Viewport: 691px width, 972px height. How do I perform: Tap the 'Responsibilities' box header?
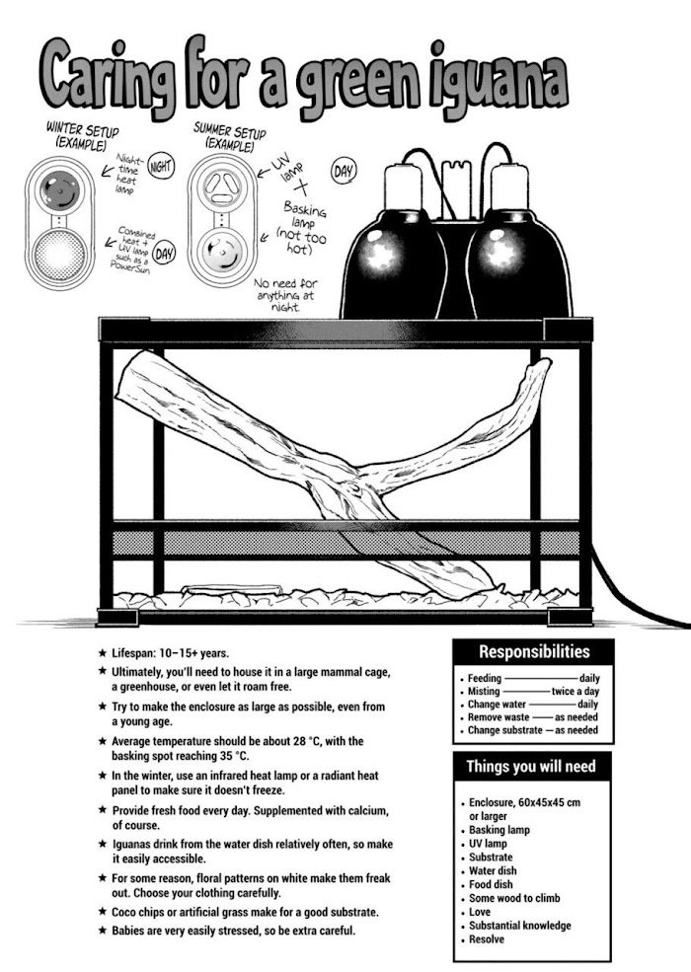point(533,652)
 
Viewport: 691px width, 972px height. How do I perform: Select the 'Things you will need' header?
point(530,767)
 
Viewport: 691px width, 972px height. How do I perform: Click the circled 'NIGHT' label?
point(160,168)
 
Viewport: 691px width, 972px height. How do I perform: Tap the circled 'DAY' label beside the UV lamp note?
point(344,174)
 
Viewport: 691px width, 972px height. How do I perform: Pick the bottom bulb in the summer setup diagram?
point(222,254)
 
